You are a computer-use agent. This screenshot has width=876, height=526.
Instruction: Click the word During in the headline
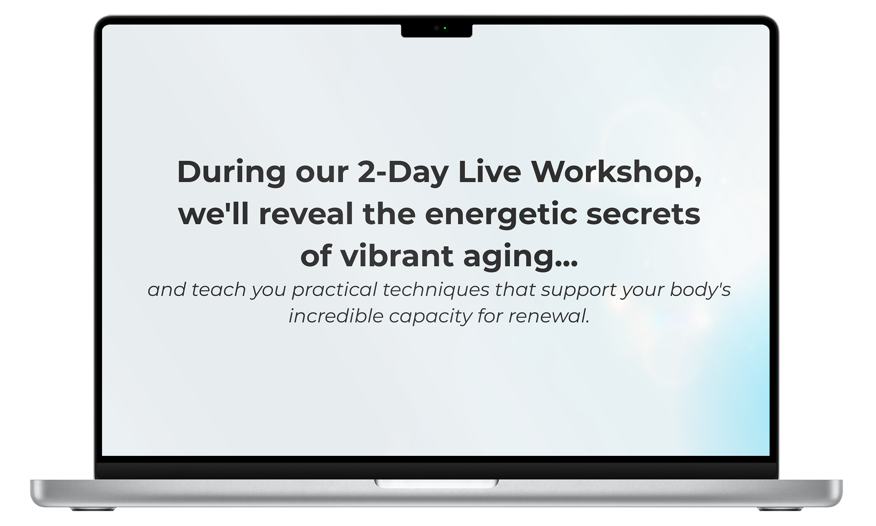point(231,171)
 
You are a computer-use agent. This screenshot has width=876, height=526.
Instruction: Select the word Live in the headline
point(489,171)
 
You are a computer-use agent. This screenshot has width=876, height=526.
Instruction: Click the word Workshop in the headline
point(613,171)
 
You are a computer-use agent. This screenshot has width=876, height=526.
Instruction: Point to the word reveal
point(306,213)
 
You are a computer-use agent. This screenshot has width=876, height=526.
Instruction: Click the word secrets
point(643,214)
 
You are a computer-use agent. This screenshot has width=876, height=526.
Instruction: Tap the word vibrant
point(396,256)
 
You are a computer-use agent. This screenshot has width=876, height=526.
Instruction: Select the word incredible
point(336,316)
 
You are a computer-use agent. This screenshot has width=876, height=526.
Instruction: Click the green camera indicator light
point(445,28)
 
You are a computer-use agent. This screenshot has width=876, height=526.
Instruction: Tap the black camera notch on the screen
point(437,30)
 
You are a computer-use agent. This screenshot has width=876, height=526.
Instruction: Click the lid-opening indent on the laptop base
point(437,483)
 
